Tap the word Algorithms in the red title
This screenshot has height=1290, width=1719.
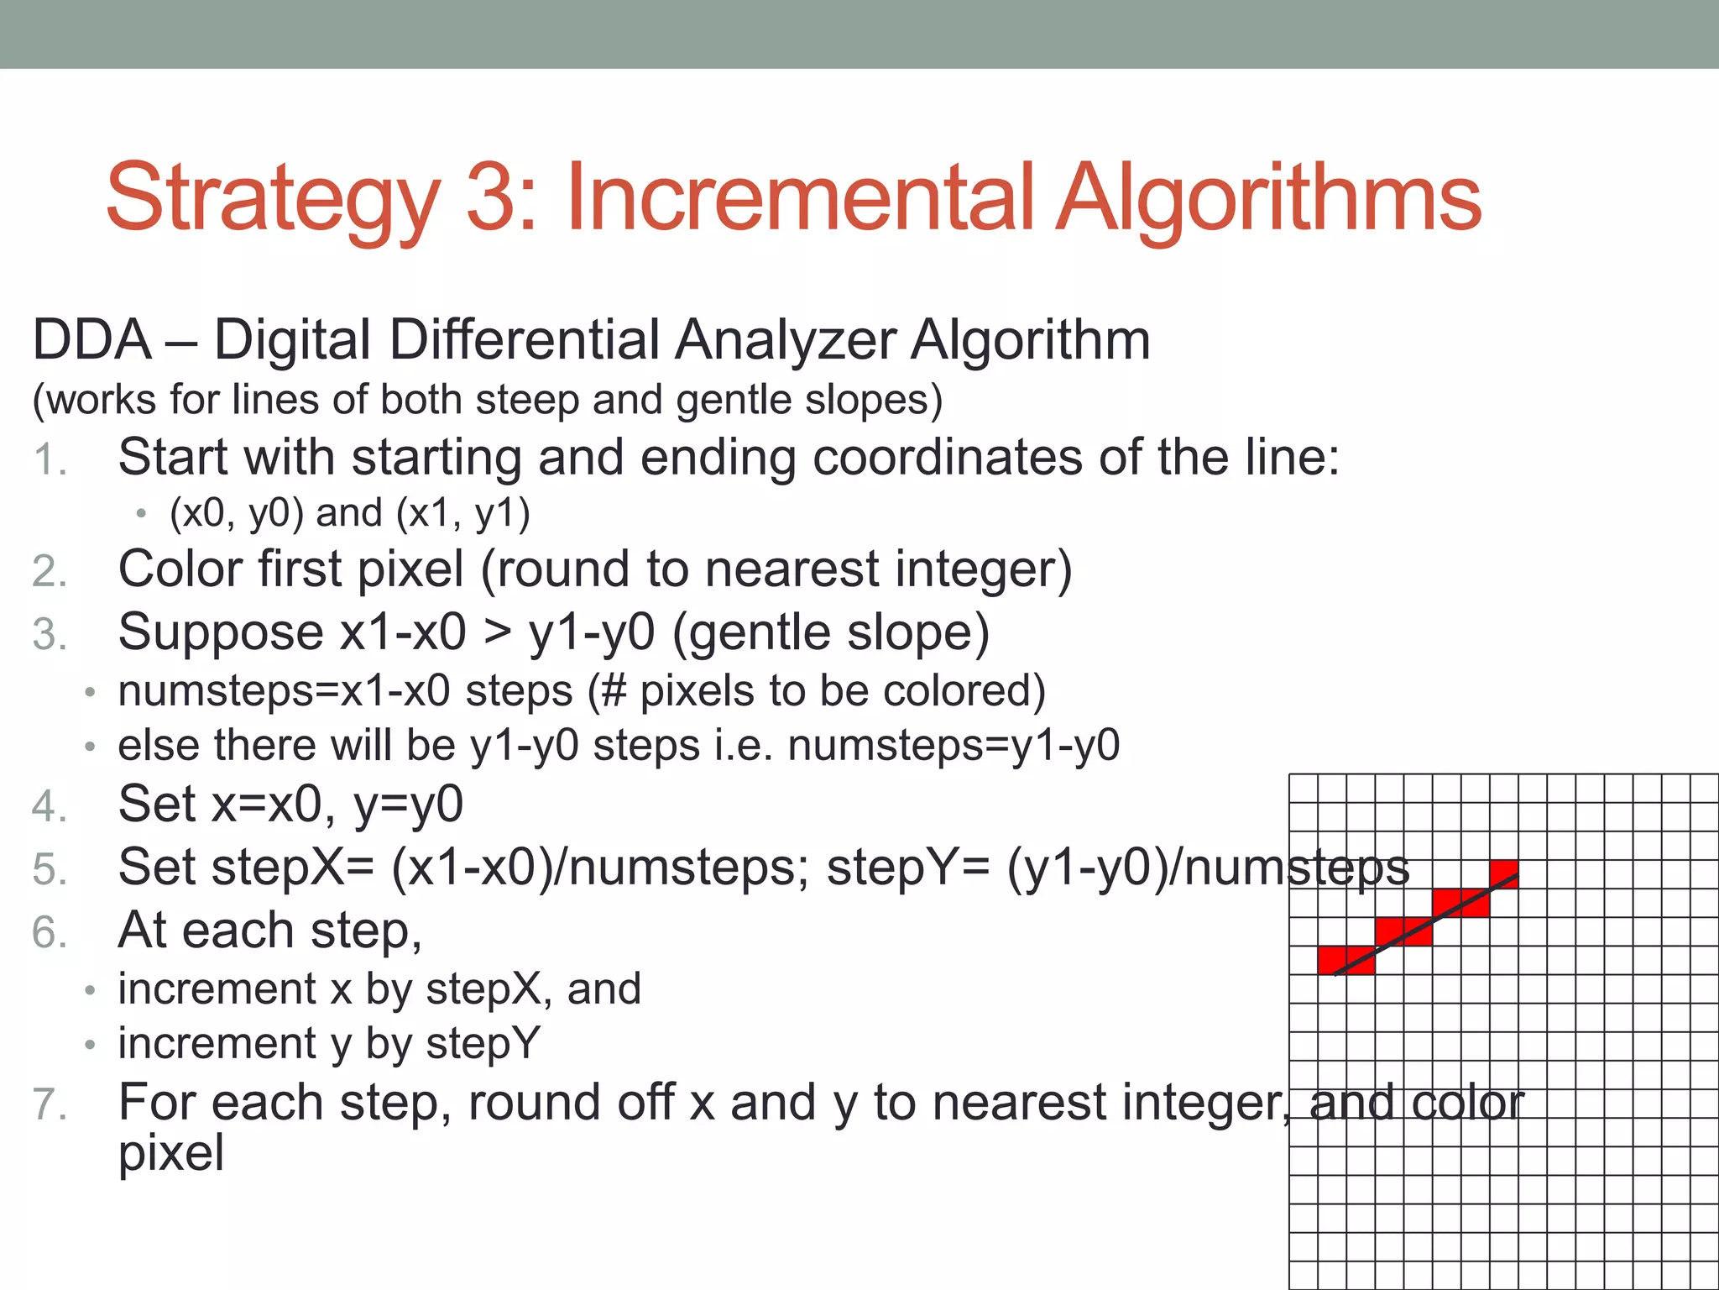click(1268, 198)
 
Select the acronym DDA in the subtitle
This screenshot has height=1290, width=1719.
click(91, 340)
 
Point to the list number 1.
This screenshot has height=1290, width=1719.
click(49, 460)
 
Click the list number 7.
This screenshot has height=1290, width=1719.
click(49, 1104)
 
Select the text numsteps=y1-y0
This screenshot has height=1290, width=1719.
click(954, 746)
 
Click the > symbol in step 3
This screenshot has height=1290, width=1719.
click(497, 632)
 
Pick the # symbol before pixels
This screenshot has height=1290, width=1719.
click(614, 691)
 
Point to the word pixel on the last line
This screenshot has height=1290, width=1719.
click(171, 1152)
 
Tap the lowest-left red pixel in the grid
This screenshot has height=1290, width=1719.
click(1333, 959)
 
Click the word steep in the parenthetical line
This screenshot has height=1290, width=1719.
click(527, 400)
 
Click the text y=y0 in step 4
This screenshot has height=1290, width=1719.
click(408, 805)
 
